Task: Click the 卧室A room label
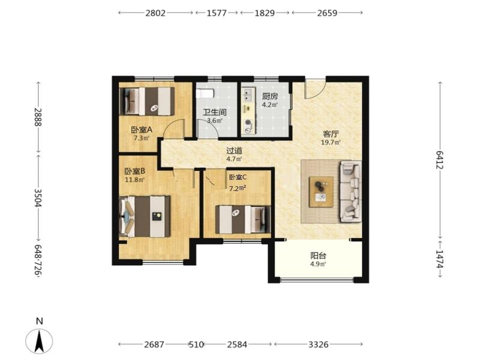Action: [x=142, y=130]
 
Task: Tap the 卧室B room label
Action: [x=134, y=171]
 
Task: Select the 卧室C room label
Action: [x=238, y=177]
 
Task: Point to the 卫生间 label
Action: [x=215, y=112]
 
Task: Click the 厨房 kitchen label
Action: [x=269, y=97]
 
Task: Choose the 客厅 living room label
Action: [x=331, y=134]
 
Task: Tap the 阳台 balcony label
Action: [x=318, y=256]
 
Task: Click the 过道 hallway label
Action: [x=234, y=151]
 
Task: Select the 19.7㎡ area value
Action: [x=331, y=142]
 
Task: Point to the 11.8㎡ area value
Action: [x=134, y=179]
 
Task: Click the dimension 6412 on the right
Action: [x=440, y=160]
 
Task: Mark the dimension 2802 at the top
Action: [x=155, y=13]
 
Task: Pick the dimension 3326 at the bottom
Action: [x=319, y=344]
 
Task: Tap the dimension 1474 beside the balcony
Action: [x=440, y=259]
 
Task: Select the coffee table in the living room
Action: [x=321, y=192]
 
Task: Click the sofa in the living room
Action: [x=351, y=191]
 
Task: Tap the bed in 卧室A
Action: [x=146, y=101]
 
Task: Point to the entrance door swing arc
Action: [x=315, y=89]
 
